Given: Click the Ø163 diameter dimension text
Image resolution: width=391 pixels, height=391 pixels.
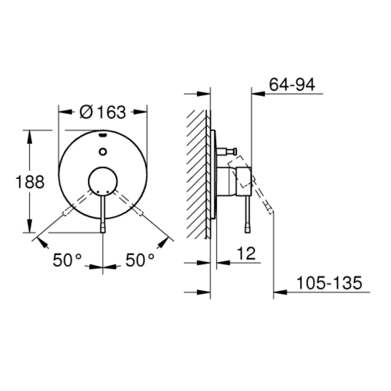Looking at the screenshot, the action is (x=103, y=112).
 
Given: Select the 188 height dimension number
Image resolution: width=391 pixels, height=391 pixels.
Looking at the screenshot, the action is (x=30, y=182).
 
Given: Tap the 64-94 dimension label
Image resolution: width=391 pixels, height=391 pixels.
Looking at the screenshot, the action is (x=292, y=84).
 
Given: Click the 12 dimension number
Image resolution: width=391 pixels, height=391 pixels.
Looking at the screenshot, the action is (x=246, y=253).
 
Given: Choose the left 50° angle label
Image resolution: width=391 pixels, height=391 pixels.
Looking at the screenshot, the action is (x=67, y=260).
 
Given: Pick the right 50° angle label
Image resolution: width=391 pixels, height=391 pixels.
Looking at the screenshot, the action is (x=140, y=260).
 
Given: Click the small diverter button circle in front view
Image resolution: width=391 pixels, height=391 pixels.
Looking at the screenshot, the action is (x=103, y=152).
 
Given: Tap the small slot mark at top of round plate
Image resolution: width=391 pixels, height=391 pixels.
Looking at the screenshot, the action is (x=103, y=135).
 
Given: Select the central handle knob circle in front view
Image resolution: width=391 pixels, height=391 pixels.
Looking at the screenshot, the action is (x=103, y=181).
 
